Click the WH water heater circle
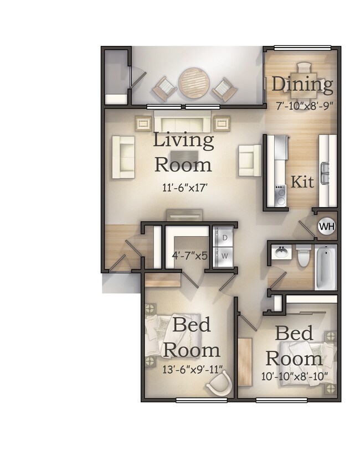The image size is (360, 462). [x=327, y=226]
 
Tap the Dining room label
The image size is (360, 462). [x=302, y=85]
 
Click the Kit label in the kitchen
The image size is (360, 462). [x=302, y=181]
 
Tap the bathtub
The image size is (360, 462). [x=326, y=268]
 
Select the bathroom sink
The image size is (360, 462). [x=281, y=252]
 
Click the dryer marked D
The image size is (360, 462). [x=225, y=238]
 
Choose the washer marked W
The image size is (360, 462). [x=225, y=256]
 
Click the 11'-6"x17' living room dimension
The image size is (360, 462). [x=184, y=188]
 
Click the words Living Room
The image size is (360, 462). [x=183, y=152]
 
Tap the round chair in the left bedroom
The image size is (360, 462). [x=220, y=383]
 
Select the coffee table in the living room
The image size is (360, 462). [x=182, y=156]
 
